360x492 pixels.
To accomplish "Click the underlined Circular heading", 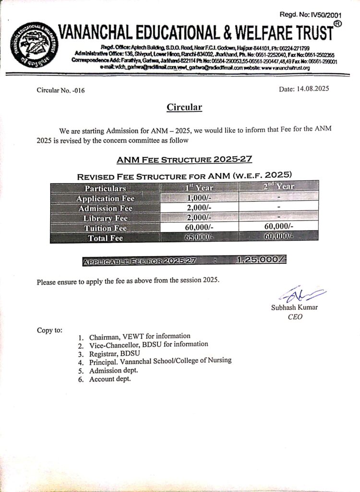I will pyautogui.click(x=184, y=107).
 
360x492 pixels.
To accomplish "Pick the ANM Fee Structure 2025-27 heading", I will pyautogui.click(x=184, y=159).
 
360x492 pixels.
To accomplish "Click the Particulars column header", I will pyautogui.click(x=105, y=188).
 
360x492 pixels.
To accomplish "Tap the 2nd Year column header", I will pyautogui.click(x=278, y=186).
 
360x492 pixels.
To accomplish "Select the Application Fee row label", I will pyautogui.click(x=105, y=198).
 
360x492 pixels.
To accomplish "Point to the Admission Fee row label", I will pyautogui.click(x=105, y=208).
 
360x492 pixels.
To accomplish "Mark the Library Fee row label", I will pyautogui.click(x=105, y=218).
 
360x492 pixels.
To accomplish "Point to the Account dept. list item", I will pyautogui.click(x=110, y=379).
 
